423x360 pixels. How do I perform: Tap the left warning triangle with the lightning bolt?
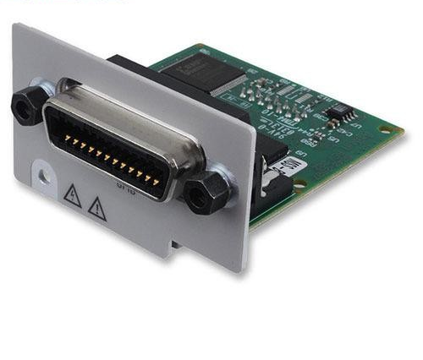(72, 195)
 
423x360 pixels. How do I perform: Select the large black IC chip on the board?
(216, 77)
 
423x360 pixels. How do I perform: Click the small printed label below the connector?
(128, 179)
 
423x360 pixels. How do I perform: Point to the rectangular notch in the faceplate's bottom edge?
(173, 246)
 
